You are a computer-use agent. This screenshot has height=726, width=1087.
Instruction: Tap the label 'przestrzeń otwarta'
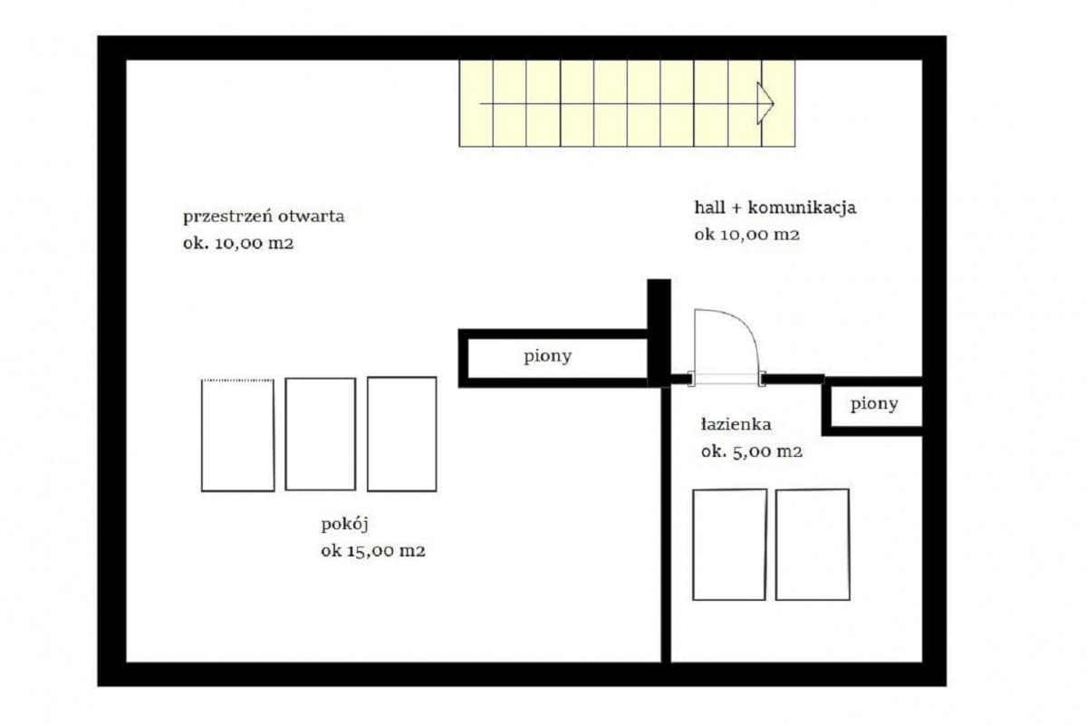[264, 217]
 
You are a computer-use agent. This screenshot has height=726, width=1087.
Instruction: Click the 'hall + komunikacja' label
[774, 208]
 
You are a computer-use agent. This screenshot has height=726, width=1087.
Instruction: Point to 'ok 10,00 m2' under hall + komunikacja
[747, 235]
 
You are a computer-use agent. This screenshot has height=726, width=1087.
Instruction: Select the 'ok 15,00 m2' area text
[373, 550]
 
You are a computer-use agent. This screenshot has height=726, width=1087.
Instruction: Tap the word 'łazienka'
[736, 423]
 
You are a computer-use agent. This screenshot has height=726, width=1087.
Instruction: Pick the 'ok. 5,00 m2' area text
[752, 451]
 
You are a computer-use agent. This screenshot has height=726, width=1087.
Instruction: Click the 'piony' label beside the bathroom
[874, 404]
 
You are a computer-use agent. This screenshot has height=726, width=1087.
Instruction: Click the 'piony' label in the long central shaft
[548, 356]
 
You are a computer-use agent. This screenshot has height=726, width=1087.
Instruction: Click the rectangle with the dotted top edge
[237, 435]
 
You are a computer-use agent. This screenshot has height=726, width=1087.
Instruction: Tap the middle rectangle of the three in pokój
[320, 434]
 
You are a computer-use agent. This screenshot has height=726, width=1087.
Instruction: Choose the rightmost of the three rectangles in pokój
[401, 434]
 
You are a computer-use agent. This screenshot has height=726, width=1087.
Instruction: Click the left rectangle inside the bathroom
[729, 544]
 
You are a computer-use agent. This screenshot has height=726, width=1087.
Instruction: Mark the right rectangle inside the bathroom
[813, 544]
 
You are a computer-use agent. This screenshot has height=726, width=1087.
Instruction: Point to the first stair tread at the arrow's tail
[476, 103]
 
